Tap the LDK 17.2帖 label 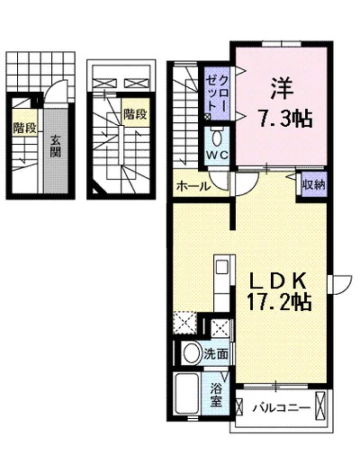point(279,290)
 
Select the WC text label point(217,156)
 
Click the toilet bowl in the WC point(217,138)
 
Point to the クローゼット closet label point(217,94)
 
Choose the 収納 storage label point(314,184)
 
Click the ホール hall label point(193,187)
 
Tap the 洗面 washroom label point(215,354)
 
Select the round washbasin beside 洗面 point(193,352)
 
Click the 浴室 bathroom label point(216,395)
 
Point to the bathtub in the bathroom point(186,394)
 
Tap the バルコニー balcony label point(282,408)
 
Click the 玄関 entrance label point(56,147)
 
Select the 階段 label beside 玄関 point(24,128)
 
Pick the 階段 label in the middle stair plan point(136,114)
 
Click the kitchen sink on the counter point(222,267)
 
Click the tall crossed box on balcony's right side point(319,405)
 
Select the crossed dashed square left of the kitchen point(184,323)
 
